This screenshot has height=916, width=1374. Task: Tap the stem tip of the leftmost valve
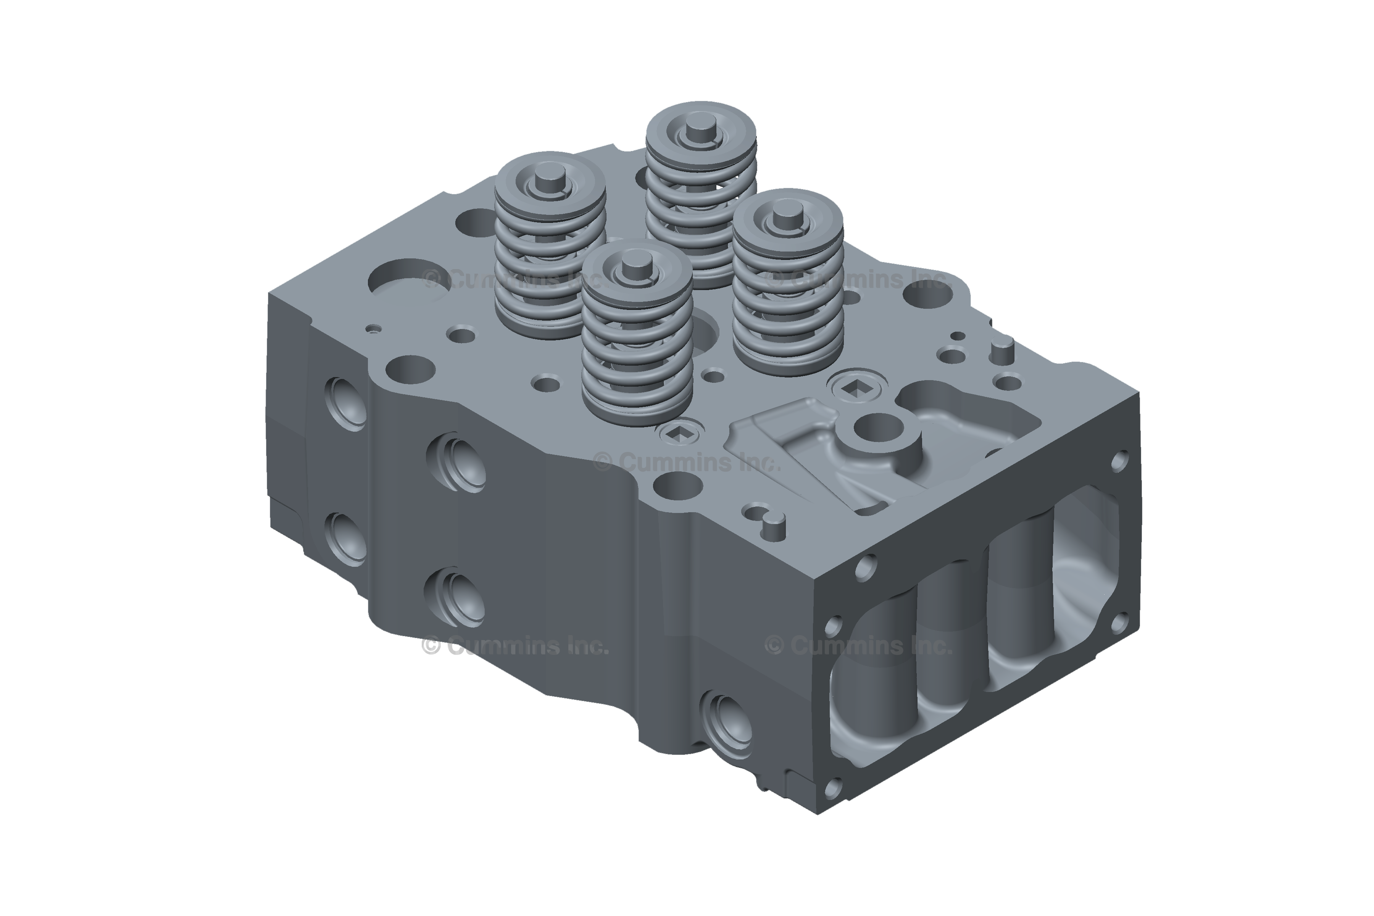coord(549,177)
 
